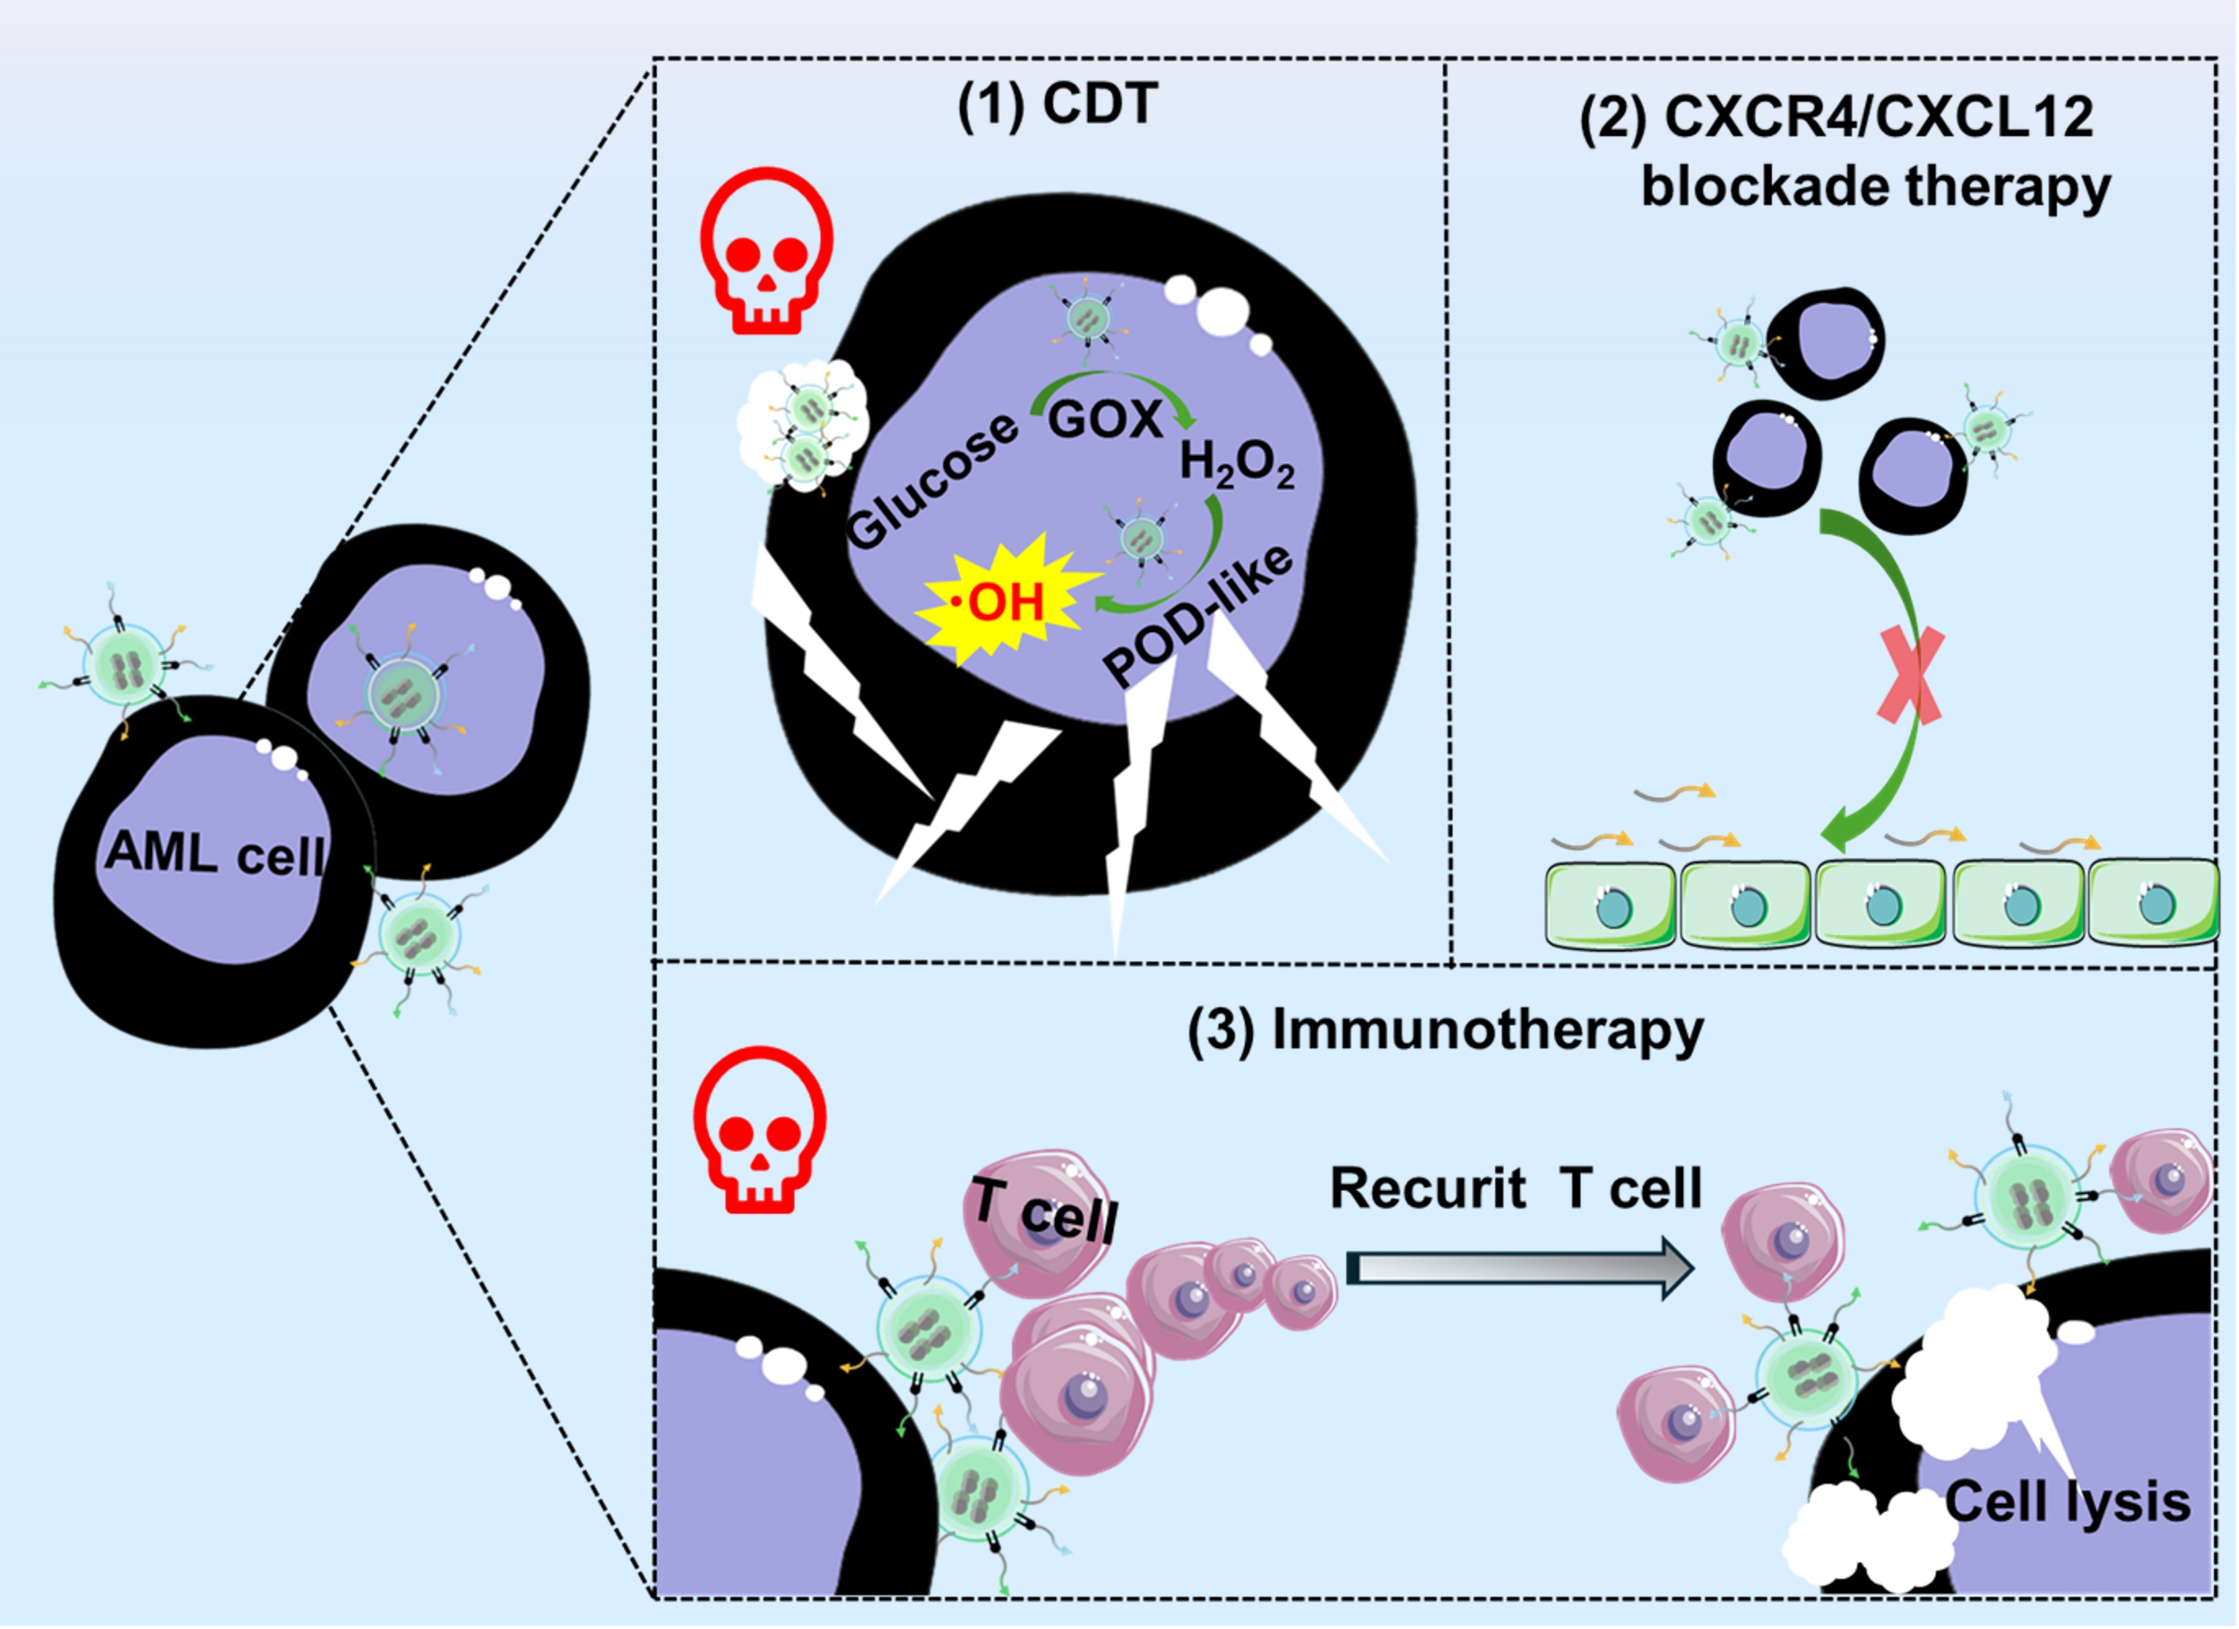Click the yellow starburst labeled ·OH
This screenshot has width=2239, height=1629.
click(x=1006, y=599)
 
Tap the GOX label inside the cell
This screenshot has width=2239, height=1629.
click(x=1104, y=419)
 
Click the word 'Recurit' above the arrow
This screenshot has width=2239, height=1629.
click(x=1428, y=1189)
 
